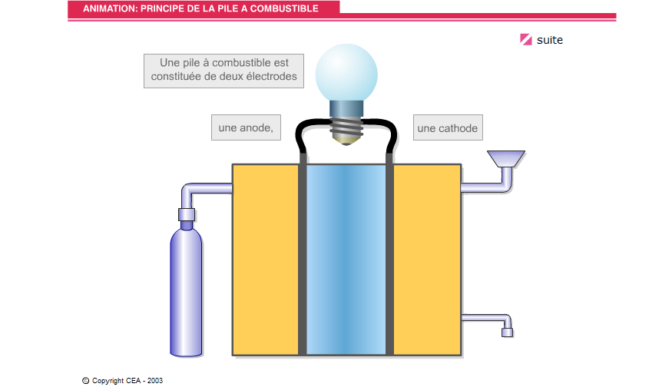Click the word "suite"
[x=549, y=40]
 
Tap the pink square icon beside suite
[x=526, y=39]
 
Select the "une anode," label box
[x=246, y=127]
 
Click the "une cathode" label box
[x=448, y=127]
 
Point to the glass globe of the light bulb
[x=346, y=73]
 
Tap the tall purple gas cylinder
[x=186, y=292]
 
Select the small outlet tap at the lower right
[x=507, y=332]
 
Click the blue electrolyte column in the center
[x=346, y=260]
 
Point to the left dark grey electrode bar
[x=302, y=253]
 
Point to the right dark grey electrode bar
[x=389, y=253]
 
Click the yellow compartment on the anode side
[x=266, y=260]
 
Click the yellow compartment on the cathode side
[x=427, y=260]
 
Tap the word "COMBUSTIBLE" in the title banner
[x=284, y=8]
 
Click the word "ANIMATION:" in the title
[x=110, y=8]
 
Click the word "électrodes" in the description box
[x=271, y=76]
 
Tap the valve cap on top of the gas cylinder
[x=187, y=214]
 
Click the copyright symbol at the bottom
[x=86, y=381]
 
